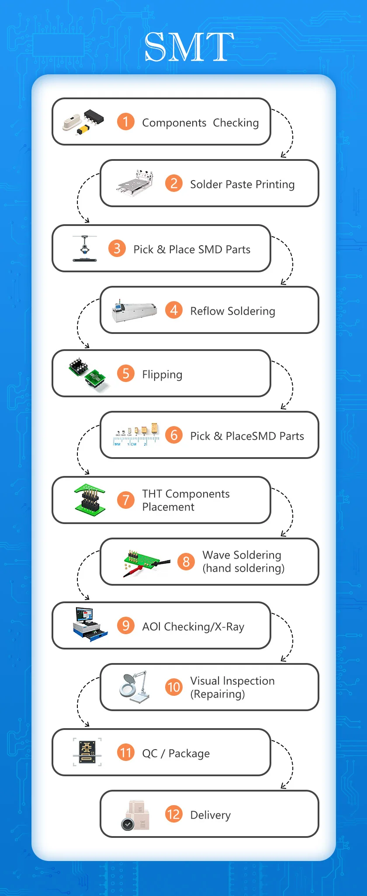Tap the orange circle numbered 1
125,122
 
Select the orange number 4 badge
173,310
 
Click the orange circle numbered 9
125,625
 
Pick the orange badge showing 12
173,814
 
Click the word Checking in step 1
235,123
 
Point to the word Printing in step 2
275,184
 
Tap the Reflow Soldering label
232,311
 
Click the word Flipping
162,375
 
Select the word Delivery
210,815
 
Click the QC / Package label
176,754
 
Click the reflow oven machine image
134,312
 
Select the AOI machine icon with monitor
90,624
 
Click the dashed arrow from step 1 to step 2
288,131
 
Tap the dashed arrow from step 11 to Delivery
288,763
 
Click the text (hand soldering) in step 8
243,568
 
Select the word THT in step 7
152,494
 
